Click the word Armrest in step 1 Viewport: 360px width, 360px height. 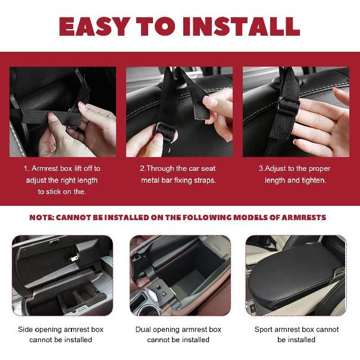point(45,168)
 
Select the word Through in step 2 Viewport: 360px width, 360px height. point(160,168)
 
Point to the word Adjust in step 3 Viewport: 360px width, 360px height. point(276,169)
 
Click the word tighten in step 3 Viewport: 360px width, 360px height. point(314,180)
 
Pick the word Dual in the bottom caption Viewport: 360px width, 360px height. point(143,330)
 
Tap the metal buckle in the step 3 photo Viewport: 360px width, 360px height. point(287,105)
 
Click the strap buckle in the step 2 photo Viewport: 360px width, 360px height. point(164,131)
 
